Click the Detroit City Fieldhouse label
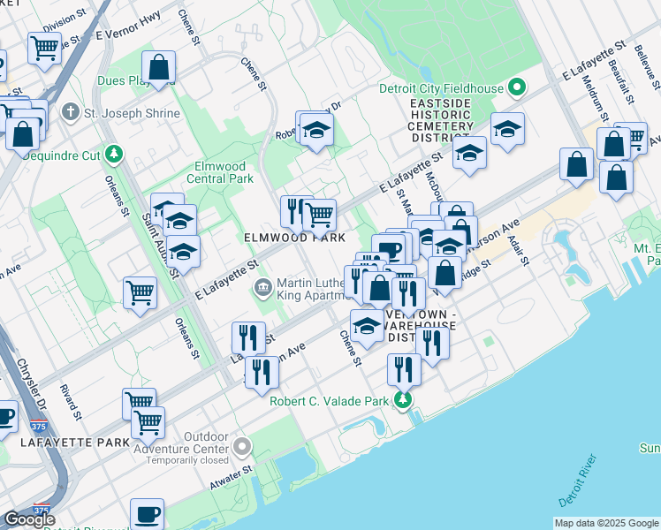click(440, 88)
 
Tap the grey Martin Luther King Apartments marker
click(262, 287)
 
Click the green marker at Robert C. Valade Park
click(403, 401)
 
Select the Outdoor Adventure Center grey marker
click(242, 447)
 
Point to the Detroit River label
click(579, 482)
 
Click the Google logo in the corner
click(28, 519)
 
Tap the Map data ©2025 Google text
click(606, 523)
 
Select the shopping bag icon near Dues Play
click(159, 66)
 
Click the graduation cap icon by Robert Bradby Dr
click(315, 129)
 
